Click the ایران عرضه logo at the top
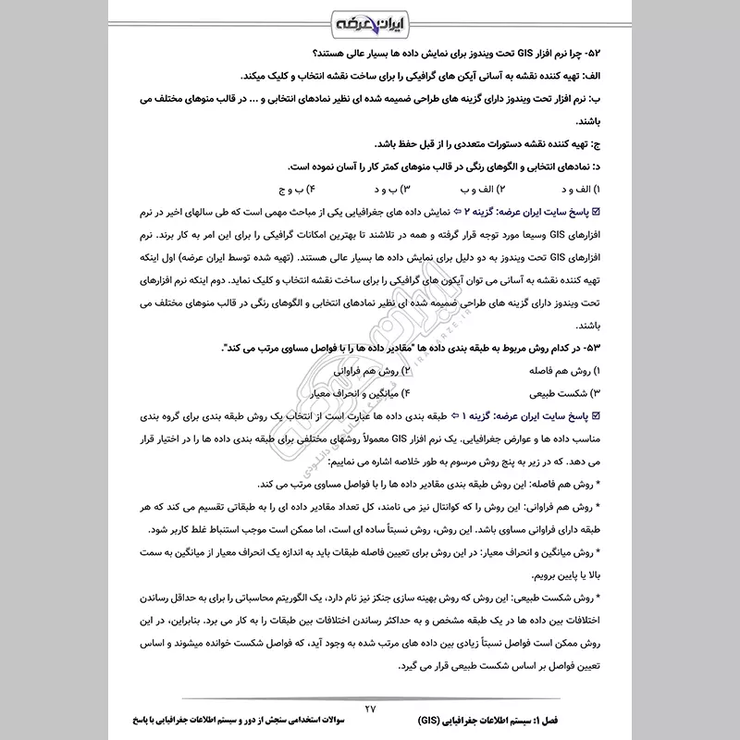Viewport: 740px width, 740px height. (370, 19)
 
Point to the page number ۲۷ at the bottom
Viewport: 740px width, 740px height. (372, 708)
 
